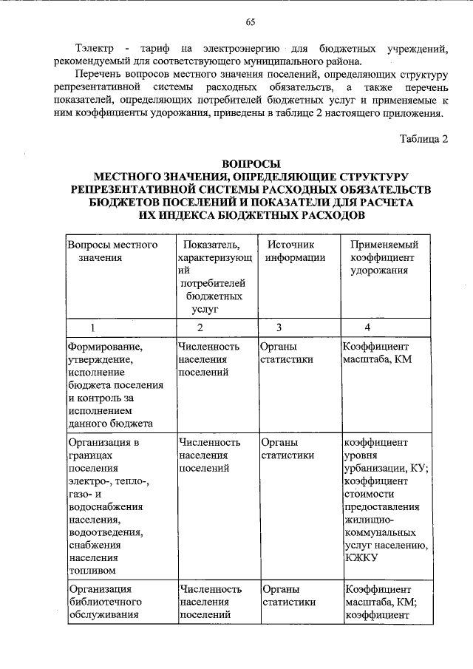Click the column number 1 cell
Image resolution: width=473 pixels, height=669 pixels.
click(x=93, y=327)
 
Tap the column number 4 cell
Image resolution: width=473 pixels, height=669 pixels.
click(x=367, y=327)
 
